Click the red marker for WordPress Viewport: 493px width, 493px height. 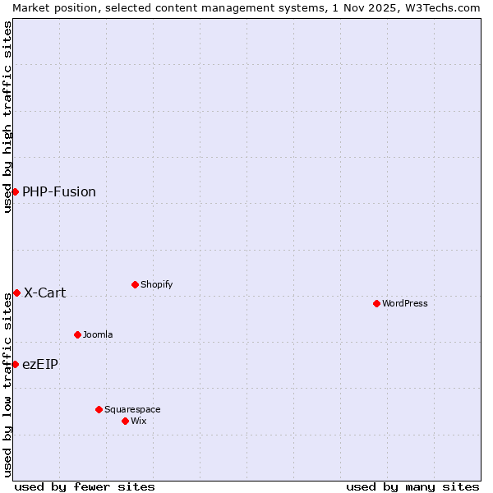click(376, 303)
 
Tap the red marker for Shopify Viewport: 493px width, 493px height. click(135, 284)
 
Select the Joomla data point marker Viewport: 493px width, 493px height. click(77, 334)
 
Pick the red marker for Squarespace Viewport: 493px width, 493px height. click(99, 409)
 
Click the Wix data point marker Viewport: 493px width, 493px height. click(125, 421)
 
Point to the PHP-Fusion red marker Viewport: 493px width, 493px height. click(15, 191)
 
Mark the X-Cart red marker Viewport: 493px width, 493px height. click(16, 293)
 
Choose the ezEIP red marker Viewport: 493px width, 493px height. click(15, 364)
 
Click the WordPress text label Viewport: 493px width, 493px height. click(405, 303)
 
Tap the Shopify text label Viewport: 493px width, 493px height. click(156, 284)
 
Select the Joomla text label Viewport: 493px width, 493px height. click(98, 334)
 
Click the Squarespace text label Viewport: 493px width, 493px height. click(132, 409)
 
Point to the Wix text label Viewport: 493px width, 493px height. click(138, 421)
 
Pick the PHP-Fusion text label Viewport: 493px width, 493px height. click(59, 191)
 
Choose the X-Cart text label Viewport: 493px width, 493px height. click(45, 293)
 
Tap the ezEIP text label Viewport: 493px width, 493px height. click(40, 364)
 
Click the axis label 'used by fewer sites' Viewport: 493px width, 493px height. click(85, 486)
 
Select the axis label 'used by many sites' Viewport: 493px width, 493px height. click(412, 486)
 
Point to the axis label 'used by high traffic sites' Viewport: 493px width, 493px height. click(7, 117)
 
